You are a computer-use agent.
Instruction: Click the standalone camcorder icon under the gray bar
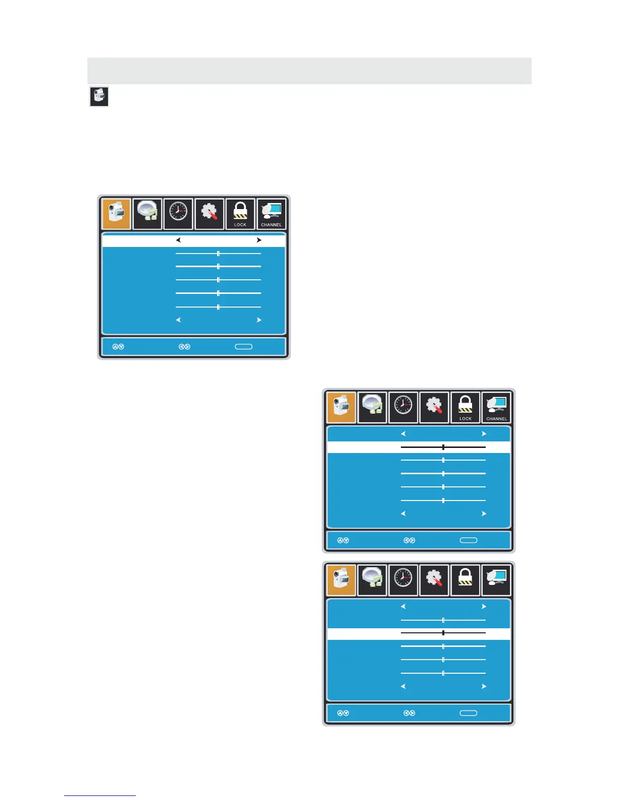click(x=99, y=96)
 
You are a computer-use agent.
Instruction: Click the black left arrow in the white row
click(x=178, y=240)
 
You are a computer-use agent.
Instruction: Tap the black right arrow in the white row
click(x=259, y=240)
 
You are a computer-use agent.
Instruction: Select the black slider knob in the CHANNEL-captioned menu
click(x=443, y=447)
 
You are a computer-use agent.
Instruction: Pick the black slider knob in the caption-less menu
click(x=443, y=633)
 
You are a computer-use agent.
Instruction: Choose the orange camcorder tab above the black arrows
click(x=116, y=214)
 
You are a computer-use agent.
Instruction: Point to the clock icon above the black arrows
click(x=178, y=211)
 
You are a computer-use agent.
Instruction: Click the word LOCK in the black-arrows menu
click(x=240, y=225)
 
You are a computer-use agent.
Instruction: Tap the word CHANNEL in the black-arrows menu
click(x=271, y=225)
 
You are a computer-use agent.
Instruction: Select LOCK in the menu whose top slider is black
click(x=466, y=419)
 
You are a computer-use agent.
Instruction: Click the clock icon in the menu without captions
click(x=403, y=578)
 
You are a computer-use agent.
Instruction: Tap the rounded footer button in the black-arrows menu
click(x=244, y=347)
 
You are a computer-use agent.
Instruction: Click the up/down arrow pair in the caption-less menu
click(x=343, y=713)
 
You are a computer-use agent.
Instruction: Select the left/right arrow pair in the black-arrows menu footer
click(x=184, y=347)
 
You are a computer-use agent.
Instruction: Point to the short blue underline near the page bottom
click(x=100, y=796)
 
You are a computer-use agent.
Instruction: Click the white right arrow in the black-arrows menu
click(x=259, y=320)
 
